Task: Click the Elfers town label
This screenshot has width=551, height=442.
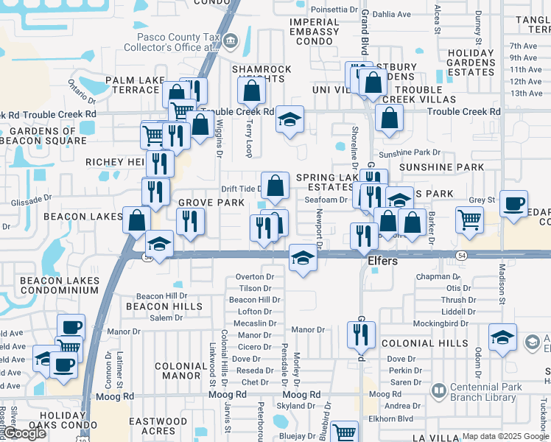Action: click(x=382, y=262)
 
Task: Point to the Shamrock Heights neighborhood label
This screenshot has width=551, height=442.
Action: click(x=262, y=74)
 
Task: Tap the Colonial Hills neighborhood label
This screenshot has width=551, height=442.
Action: click(x=435, y=343)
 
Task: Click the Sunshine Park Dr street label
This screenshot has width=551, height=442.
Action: click(x=409, y=152)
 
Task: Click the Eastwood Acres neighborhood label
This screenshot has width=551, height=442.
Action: click(x=158, y=427)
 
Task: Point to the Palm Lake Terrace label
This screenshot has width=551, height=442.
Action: click(x=132, y=85)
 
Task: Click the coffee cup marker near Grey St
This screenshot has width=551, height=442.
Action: click(x=513, y=203)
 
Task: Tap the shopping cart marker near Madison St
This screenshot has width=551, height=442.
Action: click(x=469, y=219)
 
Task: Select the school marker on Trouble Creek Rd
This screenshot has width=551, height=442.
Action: click(x=290, y=119)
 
